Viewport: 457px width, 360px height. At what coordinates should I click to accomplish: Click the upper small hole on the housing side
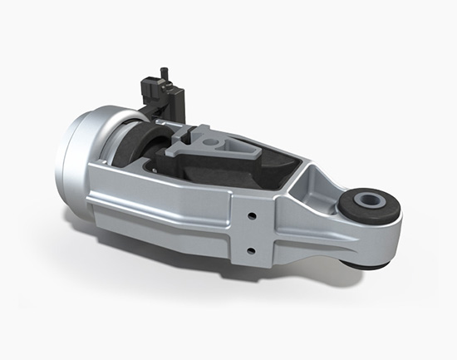pos(250,215)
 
